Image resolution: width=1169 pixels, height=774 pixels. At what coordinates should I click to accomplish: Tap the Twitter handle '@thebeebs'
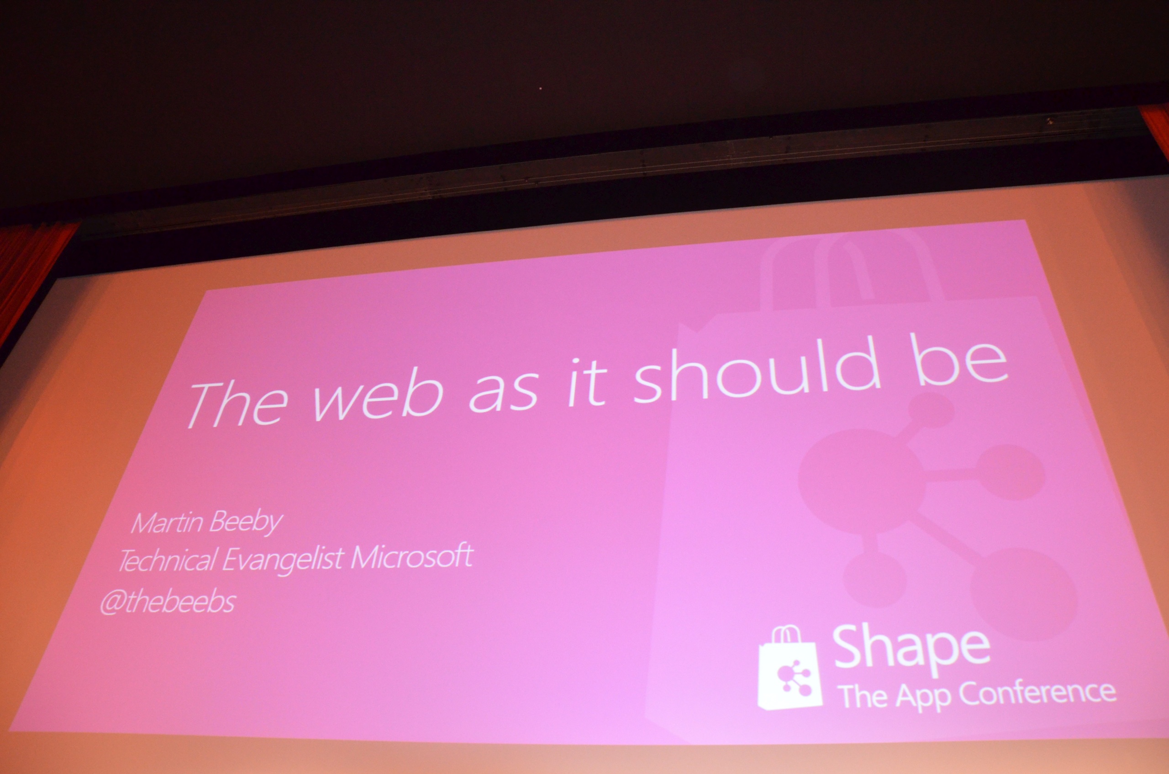tap(168, 603)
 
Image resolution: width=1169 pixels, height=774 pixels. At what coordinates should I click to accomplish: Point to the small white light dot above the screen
tap(540, 89)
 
